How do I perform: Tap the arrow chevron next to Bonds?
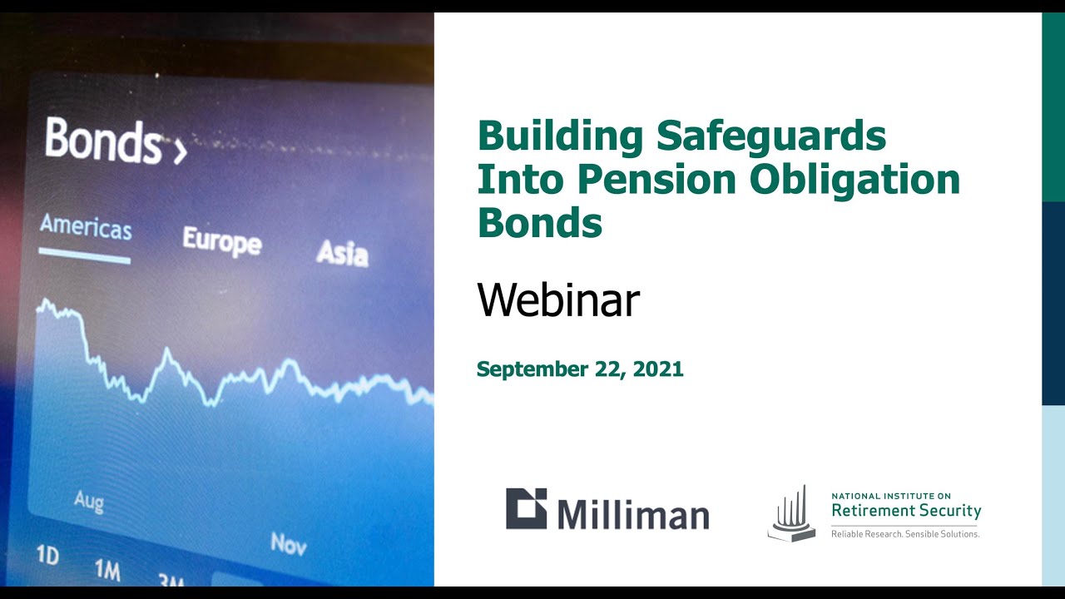point(181,152)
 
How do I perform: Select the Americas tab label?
point(86,227)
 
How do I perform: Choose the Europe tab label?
point(222,241)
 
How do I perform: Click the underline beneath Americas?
point(85,255)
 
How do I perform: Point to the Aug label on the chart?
point(89,502)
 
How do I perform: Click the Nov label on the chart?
point(289,543)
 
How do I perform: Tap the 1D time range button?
point(48,554)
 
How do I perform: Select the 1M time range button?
point(107,570)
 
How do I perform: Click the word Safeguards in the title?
point(771,137)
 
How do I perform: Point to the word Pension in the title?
point(657,179)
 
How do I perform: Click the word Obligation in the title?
point(854,181)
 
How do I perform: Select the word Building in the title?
point(561,137)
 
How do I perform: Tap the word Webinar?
point(558,300)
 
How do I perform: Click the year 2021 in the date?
point(658,369)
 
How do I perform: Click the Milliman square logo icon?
point(527,508)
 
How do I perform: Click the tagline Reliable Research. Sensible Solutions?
point(904,534)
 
